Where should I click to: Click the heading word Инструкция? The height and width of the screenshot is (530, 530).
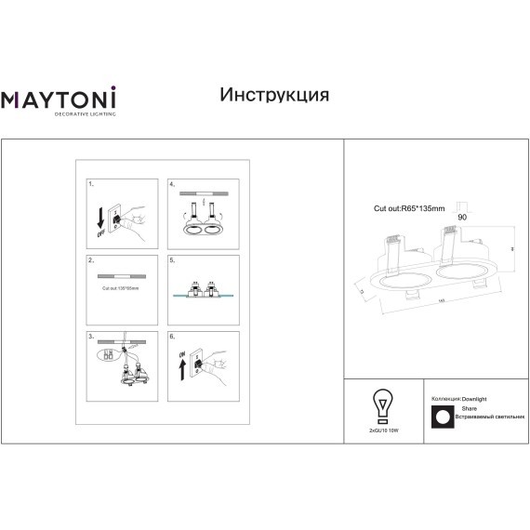tap(274, 95)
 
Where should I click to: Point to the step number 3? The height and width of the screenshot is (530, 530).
tap(90, 333)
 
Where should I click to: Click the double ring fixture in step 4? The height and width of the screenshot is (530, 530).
tap(202, 229)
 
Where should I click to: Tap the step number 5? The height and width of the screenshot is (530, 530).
tap(172, 261)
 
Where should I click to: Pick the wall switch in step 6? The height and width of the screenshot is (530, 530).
tap(199, 365)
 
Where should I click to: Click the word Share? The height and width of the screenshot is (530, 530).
tap(470, 408)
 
